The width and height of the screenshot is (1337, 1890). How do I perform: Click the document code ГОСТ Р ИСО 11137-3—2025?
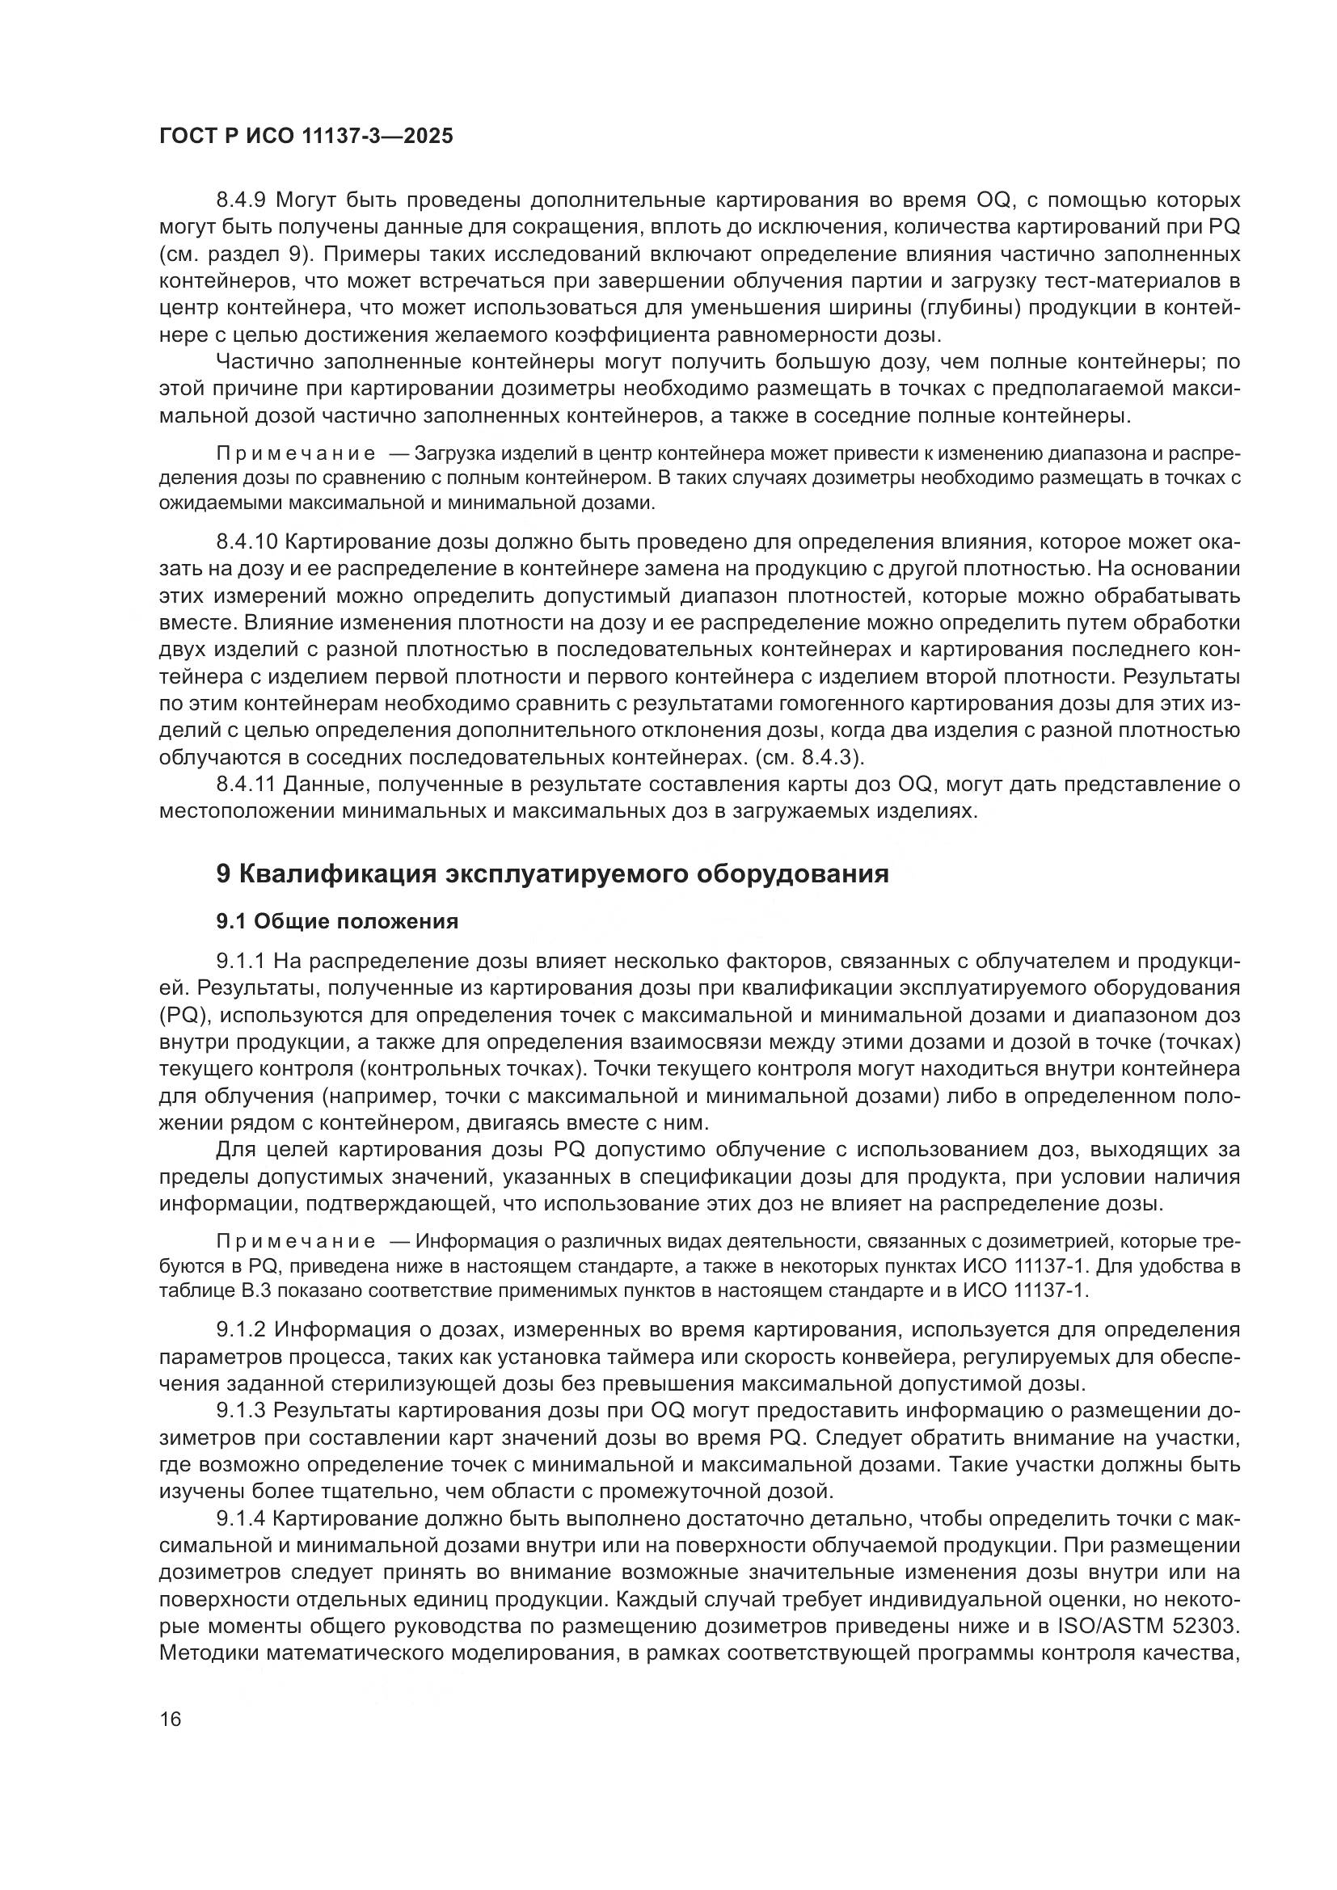(306, 136)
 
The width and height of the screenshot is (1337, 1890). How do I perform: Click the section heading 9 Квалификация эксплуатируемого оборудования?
(552, 873)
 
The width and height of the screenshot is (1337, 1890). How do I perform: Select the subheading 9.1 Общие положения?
(337, 921)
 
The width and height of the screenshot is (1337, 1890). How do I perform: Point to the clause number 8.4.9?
(241, 200)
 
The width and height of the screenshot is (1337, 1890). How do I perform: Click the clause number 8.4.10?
(247, 541)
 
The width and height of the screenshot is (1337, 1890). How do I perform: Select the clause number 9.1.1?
(241, 961)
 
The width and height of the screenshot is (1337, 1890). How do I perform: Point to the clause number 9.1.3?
(241, 1411)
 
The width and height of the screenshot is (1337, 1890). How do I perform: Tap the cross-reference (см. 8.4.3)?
(809, 757)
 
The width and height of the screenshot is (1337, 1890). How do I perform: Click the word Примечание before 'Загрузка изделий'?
(296, 454)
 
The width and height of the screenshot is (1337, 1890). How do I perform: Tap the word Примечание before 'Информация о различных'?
(296, 1241)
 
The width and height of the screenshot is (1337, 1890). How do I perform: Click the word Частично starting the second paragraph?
(265, 362)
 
